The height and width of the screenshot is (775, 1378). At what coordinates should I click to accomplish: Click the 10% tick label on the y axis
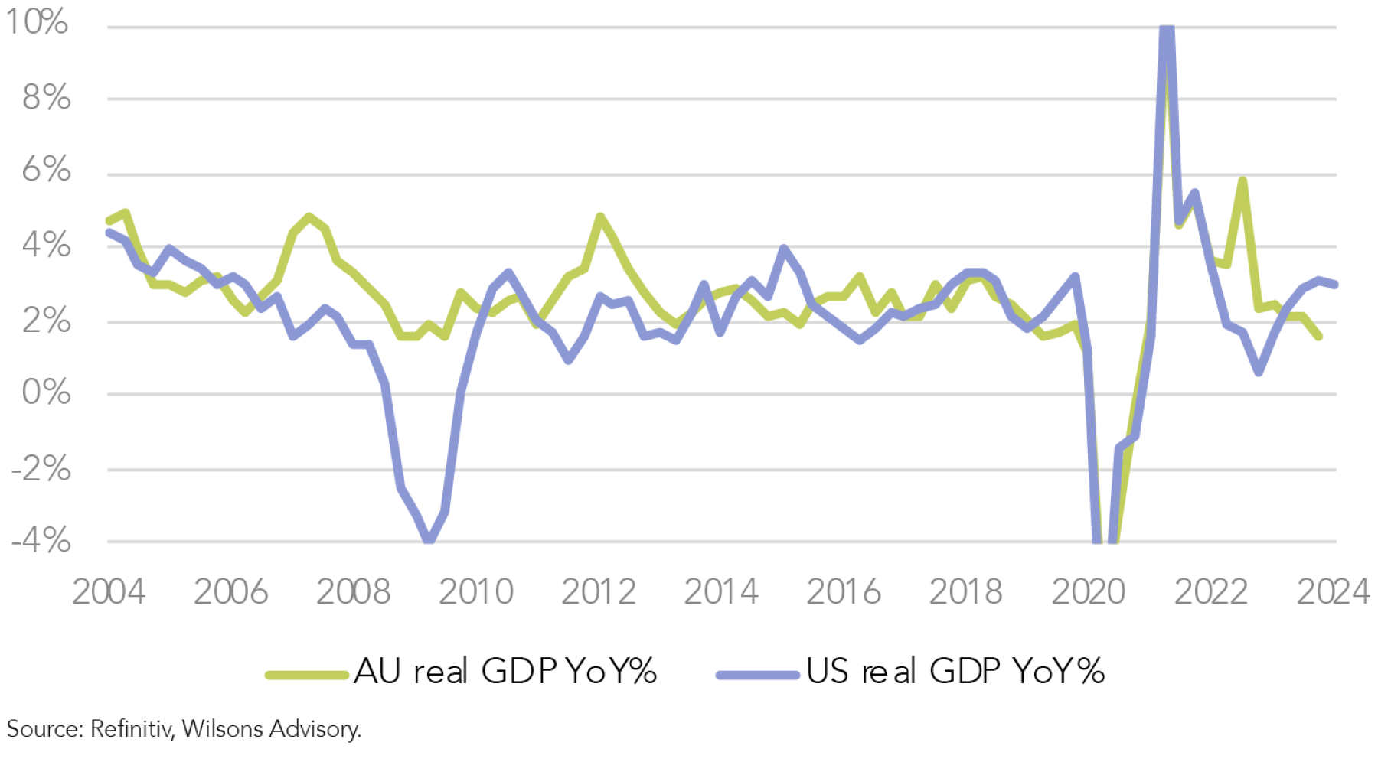(x=37, y=22)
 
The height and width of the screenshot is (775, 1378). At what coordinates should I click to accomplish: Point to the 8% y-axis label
(x=46, y=98)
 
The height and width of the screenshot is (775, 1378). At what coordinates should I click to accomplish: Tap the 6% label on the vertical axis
(x=46, y=170)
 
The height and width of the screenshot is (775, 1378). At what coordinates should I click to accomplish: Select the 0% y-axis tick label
(x=46, y=392)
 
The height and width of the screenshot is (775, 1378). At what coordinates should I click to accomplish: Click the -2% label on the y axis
(x=41, y=468)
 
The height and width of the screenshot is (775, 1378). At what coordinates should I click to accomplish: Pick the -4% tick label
(x=41, y=541)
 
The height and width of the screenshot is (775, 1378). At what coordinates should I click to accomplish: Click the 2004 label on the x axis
(x=109, y=591)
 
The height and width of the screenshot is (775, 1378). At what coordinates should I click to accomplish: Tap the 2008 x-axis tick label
(x=353, y=591)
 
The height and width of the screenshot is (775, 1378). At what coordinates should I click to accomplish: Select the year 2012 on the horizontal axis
(x=599, y=591)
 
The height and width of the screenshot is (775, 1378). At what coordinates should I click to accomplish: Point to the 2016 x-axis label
(x=844, y=591)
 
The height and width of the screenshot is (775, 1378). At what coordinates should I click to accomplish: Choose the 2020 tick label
(x=1089, y=591)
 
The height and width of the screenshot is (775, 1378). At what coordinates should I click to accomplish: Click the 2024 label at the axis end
(x=1333, y=591)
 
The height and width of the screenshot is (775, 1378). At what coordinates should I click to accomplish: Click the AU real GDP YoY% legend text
(x=505, y=672)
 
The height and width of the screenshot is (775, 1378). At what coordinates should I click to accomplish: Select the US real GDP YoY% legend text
(x=955, y=672)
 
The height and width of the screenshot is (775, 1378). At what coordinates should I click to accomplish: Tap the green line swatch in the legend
(x=307, y=675)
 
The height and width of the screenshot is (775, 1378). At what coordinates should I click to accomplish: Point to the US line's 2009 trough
(x=429, y=539)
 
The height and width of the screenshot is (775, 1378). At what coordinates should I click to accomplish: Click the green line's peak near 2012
(x=600, y=217)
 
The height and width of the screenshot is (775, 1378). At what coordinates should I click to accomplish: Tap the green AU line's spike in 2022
(x=1242, y=182)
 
